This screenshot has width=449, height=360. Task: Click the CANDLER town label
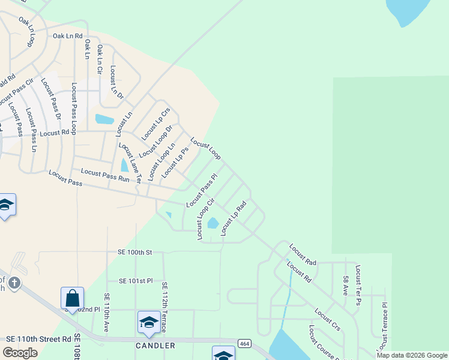click(x=155, y=346)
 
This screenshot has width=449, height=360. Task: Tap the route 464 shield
click(x=244, y=343)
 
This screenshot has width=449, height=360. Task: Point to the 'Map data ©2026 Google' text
click(x=412, y=355)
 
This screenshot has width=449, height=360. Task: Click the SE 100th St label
click(x=129, y=253)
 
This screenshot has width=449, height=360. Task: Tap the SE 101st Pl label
click(x=136, y=280)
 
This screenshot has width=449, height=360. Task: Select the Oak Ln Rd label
click(x=67, y=37)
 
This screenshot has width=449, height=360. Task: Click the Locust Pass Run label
click(x=105, y=175)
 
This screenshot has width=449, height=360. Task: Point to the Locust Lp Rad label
click(x=234, y=218)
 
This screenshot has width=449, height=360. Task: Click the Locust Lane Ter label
click(x=129, y=163)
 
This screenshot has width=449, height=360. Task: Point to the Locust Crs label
click(x=327, y=319)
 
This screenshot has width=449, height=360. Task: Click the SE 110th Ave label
click(x=106, y=313)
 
